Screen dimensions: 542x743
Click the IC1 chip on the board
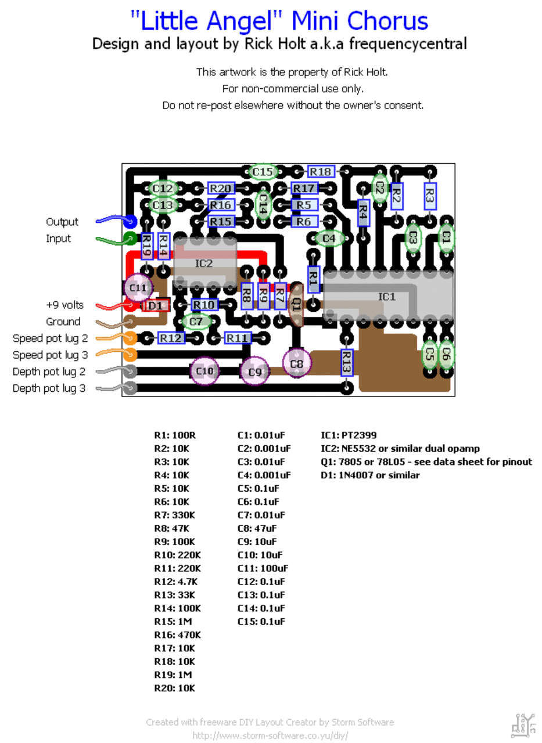388,296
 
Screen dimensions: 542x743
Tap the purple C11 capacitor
138,287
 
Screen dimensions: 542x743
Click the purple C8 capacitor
297,363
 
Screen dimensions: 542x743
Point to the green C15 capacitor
263,172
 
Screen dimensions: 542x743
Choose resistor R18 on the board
321,172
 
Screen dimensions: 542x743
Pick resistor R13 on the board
346,363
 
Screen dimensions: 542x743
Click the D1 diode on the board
156,305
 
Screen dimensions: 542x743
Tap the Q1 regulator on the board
296,305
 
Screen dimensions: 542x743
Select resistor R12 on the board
171,338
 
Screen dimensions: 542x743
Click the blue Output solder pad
130,221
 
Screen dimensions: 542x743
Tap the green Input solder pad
130,238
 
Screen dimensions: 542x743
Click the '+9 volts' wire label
64,305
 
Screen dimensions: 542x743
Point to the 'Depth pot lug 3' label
49,388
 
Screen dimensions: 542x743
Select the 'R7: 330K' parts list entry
175,515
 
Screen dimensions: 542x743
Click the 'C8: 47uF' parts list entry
257,528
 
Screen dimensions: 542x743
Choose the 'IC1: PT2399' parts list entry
349,435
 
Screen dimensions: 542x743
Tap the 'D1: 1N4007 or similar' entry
370,475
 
